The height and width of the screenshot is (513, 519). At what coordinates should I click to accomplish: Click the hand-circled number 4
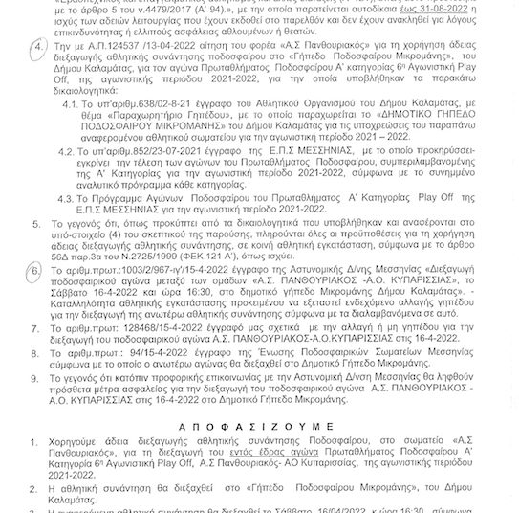click(35, 46)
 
